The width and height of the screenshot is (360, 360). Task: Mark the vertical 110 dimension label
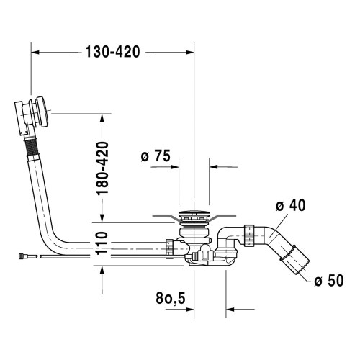click(x=102, y=245)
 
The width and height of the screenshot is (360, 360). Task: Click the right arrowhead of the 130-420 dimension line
click(x=192, y=52)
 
